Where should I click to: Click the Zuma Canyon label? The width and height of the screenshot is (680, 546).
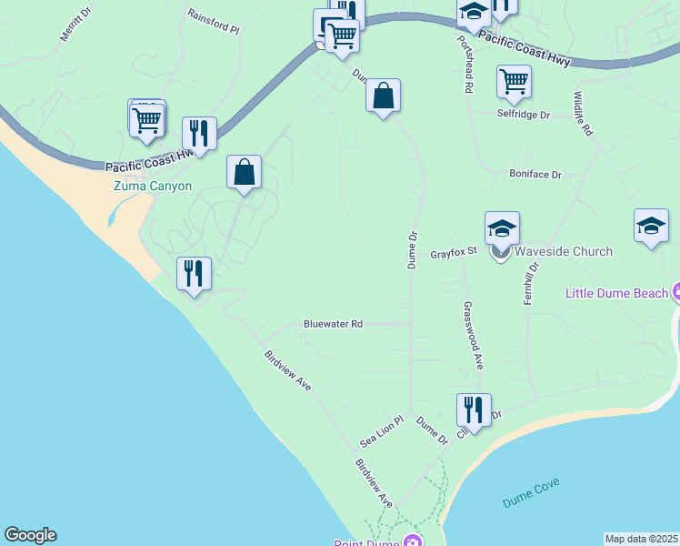[x=152, y=186]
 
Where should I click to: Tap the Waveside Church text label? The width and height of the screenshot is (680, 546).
[x=564, y=251]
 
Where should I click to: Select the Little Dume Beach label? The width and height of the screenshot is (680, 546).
[x=617, y=293]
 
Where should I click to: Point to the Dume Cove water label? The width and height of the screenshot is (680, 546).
[x=531, y=492]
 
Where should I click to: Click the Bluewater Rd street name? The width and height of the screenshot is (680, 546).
[x=333, y=324]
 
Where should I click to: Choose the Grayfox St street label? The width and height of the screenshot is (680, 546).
[x=454, y=254]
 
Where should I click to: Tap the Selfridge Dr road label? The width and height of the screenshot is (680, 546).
[x=524, y=116]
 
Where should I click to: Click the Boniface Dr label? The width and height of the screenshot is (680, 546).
[x=535, y=174]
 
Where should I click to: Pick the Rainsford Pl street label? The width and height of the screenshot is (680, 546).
[x=213, y=22]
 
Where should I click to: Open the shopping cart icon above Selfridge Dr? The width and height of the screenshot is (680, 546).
[x=514, y=82]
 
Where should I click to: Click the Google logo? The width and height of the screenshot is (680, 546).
[x=30, y=535]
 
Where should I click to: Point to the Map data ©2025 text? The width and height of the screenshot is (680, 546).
[x=641, y=539]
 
